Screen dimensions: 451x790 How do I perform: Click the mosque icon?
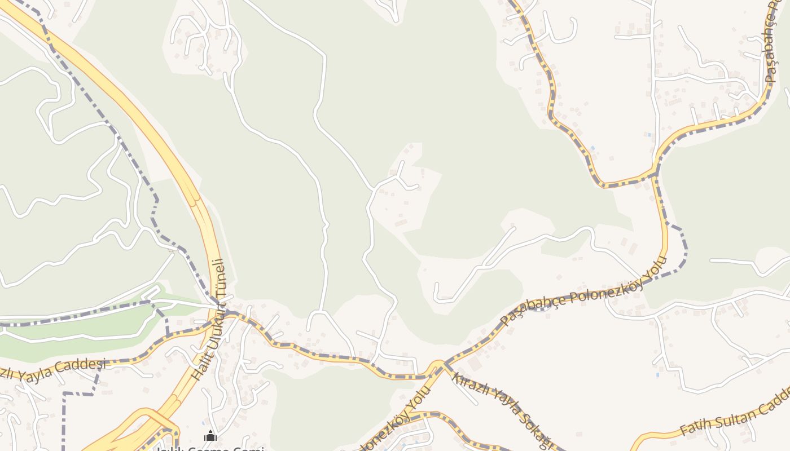pos(210,435)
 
